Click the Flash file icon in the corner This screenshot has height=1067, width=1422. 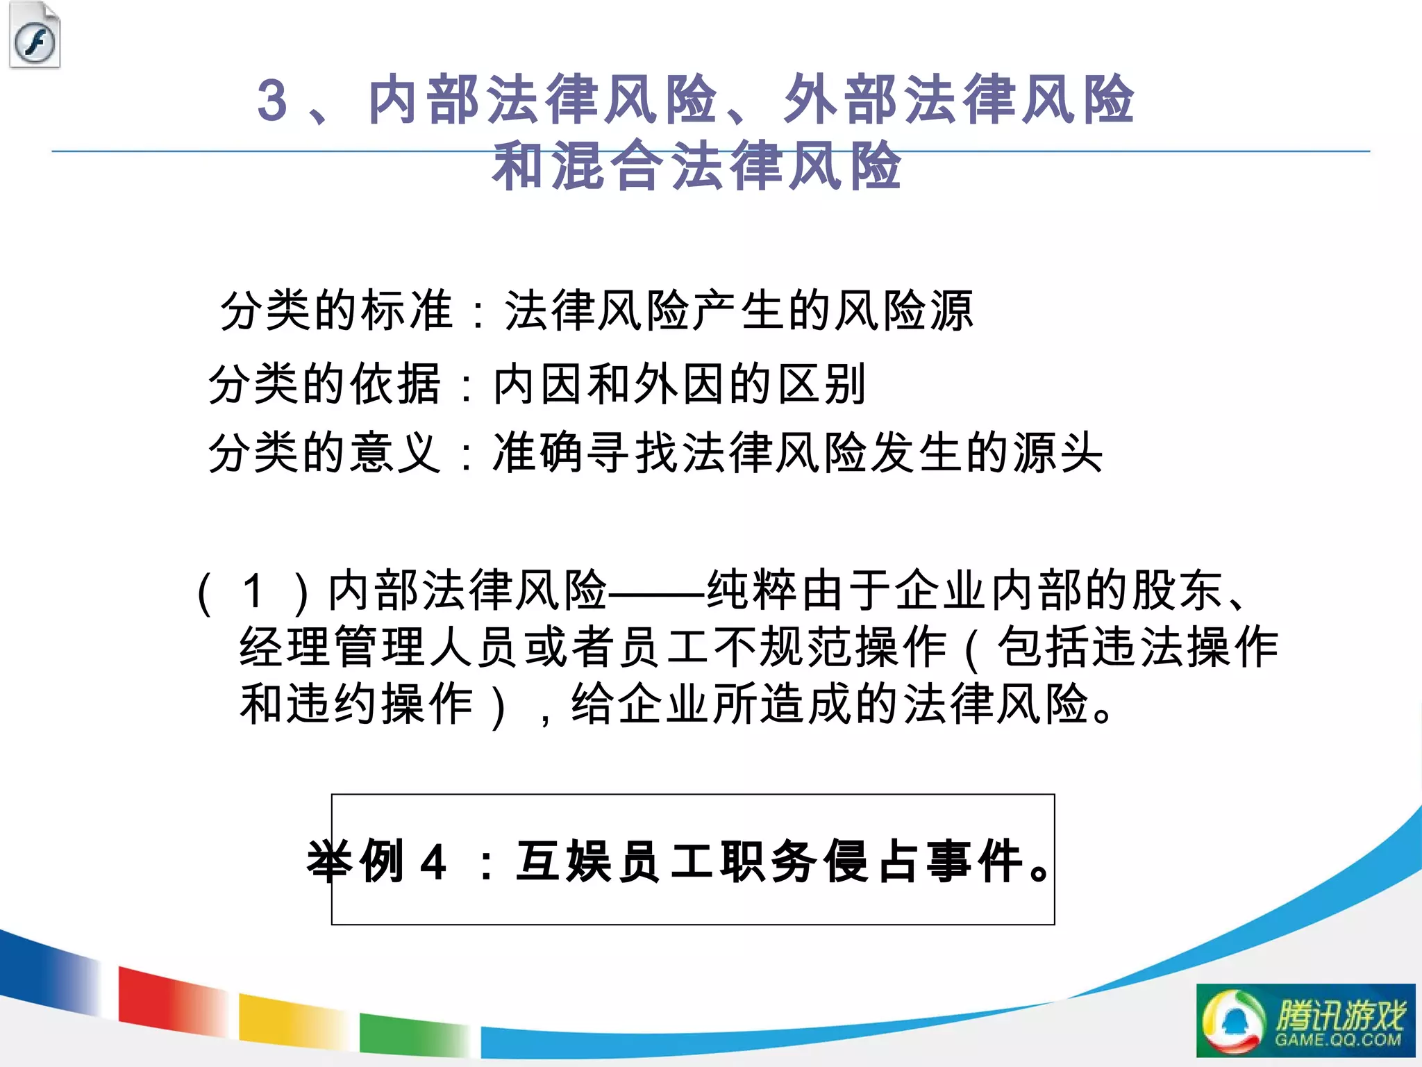tap(35, 36)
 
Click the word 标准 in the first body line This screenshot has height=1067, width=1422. tap(407, 310)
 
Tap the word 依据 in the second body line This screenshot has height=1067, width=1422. tap(395, 383)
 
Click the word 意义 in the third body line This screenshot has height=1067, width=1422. tap(395, 453)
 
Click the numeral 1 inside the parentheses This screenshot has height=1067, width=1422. tap(253, 591)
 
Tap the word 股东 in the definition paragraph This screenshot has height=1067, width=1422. tap(1178, 591)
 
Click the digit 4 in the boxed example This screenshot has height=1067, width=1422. tap(433, 862)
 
